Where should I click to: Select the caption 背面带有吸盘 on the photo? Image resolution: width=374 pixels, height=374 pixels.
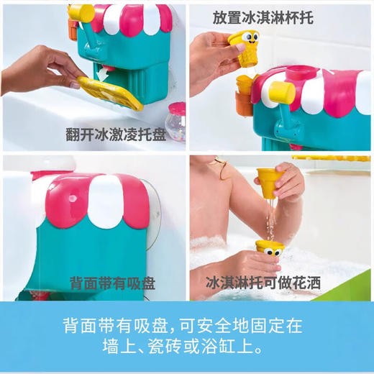click(x=111, y=283)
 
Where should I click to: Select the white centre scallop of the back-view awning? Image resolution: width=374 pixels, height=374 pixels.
click(x=104, y=198)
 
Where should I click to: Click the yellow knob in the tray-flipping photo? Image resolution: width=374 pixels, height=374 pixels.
click(x=81, y=12)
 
